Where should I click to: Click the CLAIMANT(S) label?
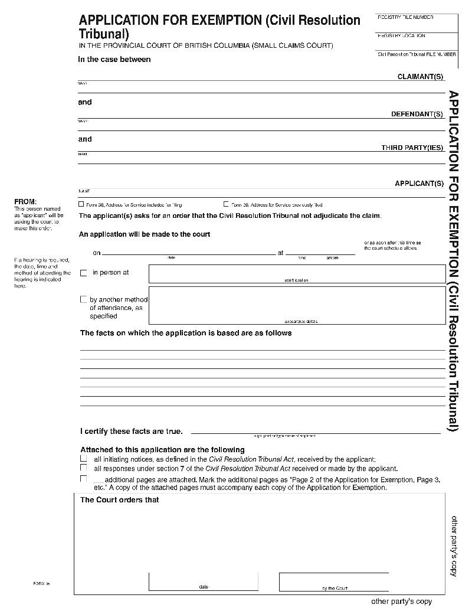420,77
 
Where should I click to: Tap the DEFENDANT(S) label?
417,114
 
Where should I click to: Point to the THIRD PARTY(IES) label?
412,148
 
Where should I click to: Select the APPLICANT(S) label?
419,184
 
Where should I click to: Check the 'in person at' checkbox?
83,273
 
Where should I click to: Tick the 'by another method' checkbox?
83,299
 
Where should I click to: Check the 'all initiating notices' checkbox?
83,459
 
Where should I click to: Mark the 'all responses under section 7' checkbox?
83,468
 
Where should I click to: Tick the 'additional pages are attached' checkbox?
83,479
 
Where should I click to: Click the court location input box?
297,273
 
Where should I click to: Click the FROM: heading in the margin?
25,202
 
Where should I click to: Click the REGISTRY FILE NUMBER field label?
405,18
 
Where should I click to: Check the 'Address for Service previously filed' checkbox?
225,204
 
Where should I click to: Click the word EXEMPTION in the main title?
217,20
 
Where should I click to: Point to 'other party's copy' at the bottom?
401,602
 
